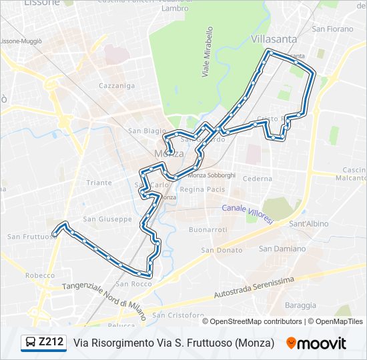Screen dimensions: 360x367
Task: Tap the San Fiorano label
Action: (332, 29)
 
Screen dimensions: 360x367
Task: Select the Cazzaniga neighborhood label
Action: (117, 85)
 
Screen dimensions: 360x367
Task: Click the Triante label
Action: (99, 182)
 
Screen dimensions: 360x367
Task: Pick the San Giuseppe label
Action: (107, 219)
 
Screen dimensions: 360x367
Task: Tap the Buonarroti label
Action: (208, 229)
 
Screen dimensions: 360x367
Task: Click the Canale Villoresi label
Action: (246, 213)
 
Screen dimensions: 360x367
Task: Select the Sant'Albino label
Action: (306, 224)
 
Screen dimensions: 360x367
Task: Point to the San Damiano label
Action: (282, 249)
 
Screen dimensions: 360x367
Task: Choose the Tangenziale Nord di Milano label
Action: (103, 295)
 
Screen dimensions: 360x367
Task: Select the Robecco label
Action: (40, 275)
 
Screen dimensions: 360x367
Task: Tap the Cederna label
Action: (258, 179)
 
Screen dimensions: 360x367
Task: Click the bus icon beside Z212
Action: (31, 343)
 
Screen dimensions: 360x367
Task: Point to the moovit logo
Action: (316, 343)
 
